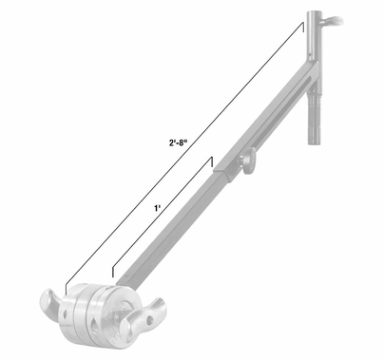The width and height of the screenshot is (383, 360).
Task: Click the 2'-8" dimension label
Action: [x=176, y=143]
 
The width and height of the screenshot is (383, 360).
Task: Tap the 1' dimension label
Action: [x=154, y=205]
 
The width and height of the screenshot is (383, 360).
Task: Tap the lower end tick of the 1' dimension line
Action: [x=111, y=275]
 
